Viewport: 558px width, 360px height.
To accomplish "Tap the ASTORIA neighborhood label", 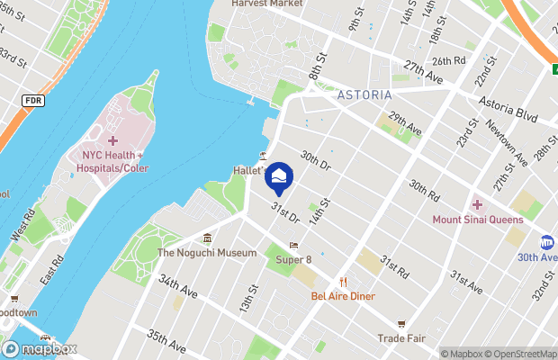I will [363, 94].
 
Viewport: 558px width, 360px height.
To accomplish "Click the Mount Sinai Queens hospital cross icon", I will [477, 204].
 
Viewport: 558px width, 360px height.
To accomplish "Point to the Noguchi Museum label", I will [207, 253].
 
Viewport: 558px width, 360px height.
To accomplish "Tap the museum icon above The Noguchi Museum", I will [208, 238].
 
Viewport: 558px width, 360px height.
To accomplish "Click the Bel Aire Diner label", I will [343, 295].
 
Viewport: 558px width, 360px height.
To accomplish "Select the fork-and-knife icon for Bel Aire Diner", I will [343, 281].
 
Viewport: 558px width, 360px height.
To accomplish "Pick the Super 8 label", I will [293, 260].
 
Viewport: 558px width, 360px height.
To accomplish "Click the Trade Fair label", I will [401, 338].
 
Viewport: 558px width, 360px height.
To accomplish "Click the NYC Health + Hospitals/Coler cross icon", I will [112, 140].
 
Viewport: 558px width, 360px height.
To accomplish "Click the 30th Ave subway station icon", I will [546, 242].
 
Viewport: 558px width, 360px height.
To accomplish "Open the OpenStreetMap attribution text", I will [521, 354].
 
